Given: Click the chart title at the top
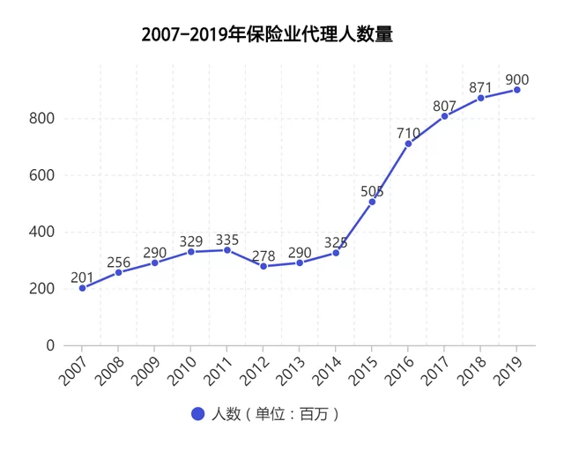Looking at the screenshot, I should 267,35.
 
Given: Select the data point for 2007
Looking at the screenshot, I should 82,288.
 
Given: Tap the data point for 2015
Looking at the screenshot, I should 372,202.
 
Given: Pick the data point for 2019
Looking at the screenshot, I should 516,90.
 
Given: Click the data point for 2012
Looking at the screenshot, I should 263,266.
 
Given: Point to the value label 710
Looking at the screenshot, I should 408,134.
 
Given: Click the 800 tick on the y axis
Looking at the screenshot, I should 43,119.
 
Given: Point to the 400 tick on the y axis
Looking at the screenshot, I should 43,233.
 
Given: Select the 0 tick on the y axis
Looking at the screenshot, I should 50,345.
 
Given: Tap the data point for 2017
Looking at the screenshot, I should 444,116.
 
